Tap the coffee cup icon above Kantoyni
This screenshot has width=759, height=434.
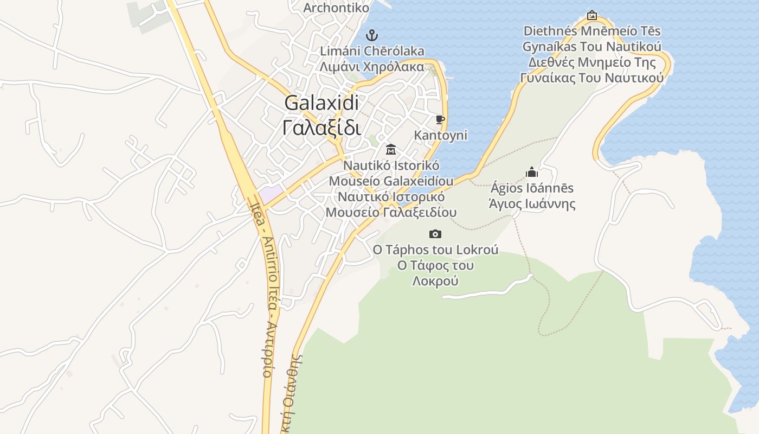click(x=440, y=119)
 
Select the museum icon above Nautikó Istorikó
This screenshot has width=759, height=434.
click(x=390, y=149)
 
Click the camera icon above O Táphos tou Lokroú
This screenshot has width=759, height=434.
click(x=435, y=234)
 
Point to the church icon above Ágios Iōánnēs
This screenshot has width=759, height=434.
click(x=531, y=172)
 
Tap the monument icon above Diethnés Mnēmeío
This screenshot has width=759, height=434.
click(x=591, y=15)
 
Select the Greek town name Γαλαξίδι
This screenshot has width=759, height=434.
click(x=321, y=127)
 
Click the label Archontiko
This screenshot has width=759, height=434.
click(x=336, y=8)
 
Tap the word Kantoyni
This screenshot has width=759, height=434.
click(x=440, y=135)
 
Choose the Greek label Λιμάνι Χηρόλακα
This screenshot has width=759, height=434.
click(x=372, y=67)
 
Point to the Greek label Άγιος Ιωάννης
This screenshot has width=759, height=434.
click(x=532, y=204)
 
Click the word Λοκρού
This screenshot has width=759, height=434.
click(x=435, y=280)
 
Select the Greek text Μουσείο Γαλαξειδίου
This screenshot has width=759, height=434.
click(x=391, y=212)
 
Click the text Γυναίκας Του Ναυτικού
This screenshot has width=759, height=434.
click(x=591, y=77)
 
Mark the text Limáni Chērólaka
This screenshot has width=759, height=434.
click(x=372, y=51)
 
